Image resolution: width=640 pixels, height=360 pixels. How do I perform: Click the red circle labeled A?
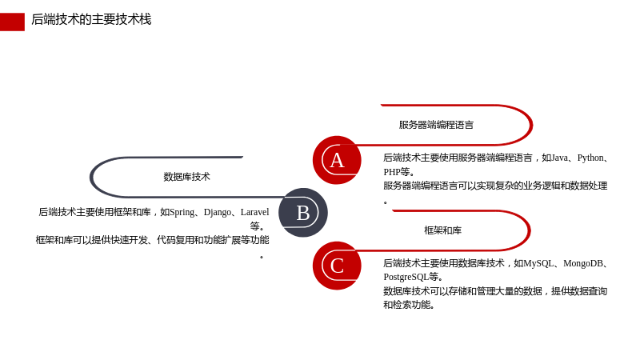337,160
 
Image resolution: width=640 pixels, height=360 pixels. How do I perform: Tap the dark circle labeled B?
303,213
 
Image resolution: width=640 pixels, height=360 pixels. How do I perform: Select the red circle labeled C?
337,266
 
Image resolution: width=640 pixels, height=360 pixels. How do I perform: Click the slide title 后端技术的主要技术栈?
91,19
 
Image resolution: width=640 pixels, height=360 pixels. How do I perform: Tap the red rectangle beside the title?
12,22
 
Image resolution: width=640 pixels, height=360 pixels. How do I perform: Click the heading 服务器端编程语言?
436,125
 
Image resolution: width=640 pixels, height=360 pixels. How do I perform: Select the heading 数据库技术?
186,177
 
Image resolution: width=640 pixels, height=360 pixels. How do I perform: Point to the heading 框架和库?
443,230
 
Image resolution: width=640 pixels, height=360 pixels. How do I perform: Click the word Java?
559,158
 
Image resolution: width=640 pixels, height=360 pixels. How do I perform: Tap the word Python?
590,158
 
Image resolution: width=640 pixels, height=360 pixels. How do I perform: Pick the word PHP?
392,172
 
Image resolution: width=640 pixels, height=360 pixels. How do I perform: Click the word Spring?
182,213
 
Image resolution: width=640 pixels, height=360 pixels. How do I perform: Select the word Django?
218,213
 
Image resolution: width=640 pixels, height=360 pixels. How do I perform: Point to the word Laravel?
254,212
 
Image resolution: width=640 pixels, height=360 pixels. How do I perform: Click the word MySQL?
538,264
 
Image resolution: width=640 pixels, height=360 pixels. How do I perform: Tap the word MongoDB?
583,264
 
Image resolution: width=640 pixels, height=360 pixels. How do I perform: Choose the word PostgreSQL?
406,277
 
